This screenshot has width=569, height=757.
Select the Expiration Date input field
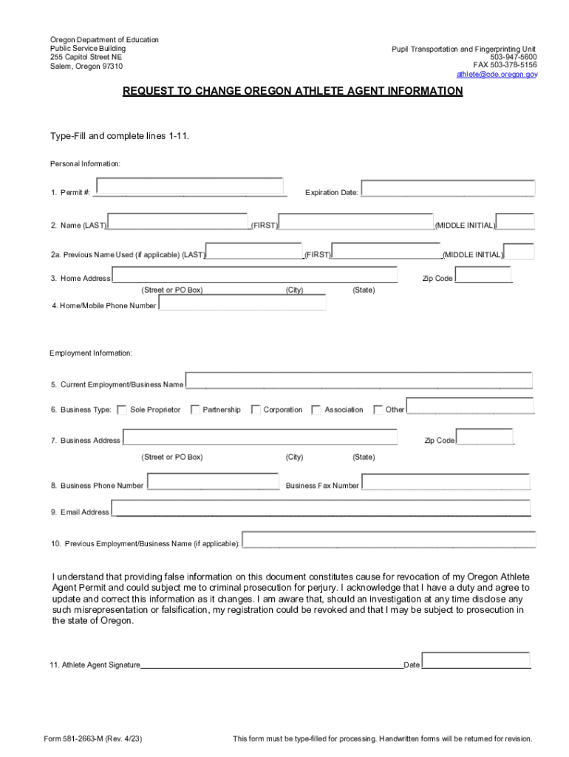click(x=447, y=189)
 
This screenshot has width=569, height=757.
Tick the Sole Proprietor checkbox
click(x=122, y=410)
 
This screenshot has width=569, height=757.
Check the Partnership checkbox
click(x=195, y=410)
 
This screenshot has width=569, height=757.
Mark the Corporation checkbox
click(x=256, y=410)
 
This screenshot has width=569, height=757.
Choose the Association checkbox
click(x=316, y=410)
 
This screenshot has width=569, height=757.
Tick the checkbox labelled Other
click(x=378, y=410)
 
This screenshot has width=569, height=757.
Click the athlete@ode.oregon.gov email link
click(x=497, y=75)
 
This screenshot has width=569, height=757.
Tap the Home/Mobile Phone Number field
click(x=242, y=304)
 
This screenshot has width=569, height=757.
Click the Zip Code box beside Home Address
click(x=484, y=275)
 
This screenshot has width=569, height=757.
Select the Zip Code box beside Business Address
click(x=484, y=437)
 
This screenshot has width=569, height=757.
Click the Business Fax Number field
click(x=446, y=482)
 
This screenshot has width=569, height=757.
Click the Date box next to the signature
click(x=476, y=661)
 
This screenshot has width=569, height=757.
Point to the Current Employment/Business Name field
click(x=358, y=381)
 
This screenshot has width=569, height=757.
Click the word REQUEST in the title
click(x=147, y=92)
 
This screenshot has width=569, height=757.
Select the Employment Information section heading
click(x=91, y=353)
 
